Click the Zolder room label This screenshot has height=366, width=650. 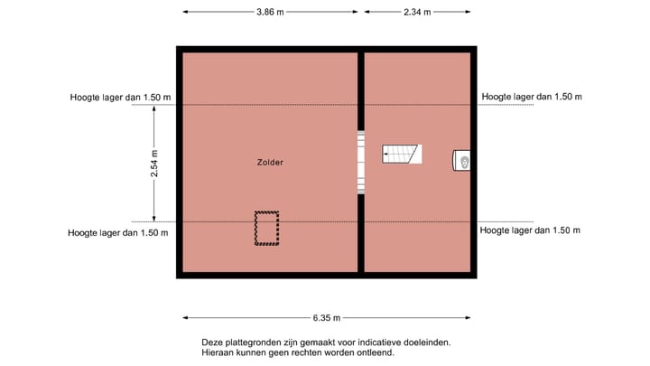(x=270, y=163)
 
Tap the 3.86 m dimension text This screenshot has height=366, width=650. (x=270, y=12)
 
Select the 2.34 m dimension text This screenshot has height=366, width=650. (x=416, y=12)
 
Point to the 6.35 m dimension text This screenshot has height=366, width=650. (x=327, y=318)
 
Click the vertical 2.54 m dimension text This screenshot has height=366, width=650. (x=154, y=164)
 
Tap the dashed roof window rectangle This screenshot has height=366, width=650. (x=266, y=229)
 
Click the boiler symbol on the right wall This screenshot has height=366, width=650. (x=462, y=161)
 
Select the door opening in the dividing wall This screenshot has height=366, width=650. (x=360, y=163)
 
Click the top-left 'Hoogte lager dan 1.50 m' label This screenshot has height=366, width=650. (x=120, y=97)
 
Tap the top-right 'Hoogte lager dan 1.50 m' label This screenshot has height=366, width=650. (x=532, y=97)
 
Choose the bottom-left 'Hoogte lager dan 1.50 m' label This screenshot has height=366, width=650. (x=118, y=232)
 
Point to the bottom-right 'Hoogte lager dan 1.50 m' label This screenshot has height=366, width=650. (x=530, y=231)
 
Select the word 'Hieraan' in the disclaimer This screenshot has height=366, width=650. (x=218, y=352)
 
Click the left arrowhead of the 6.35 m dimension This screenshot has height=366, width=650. (x=186, y=318)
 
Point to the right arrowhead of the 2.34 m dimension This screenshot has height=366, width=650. (x=469, y=12)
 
